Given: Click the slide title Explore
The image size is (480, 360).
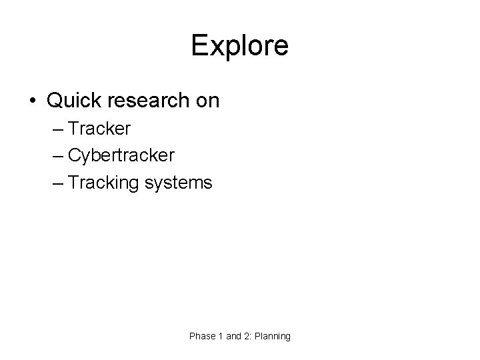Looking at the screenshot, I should click(239, 46).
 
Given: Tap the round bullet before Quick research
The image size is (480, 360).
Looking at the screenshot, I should click(33, 101).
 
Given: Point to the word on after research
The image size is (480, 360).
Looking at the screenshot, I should click(207, 101).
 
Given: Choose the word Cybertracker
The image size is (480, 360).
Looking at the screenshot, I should click(121, 155).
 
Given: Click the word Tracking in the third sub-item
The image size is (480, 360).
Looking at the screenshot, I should click(101, 183).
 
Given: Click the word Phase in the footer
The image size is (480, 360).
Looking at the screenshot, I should click(202, 337).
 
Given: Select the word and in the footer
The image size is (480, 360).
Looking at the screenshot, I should click(233, 337).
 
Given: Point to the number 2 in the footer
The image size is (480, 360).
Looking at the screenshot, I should click(247, 337).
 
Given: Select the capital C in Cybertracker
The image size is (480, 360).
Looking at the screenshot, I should click(73, 155).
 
